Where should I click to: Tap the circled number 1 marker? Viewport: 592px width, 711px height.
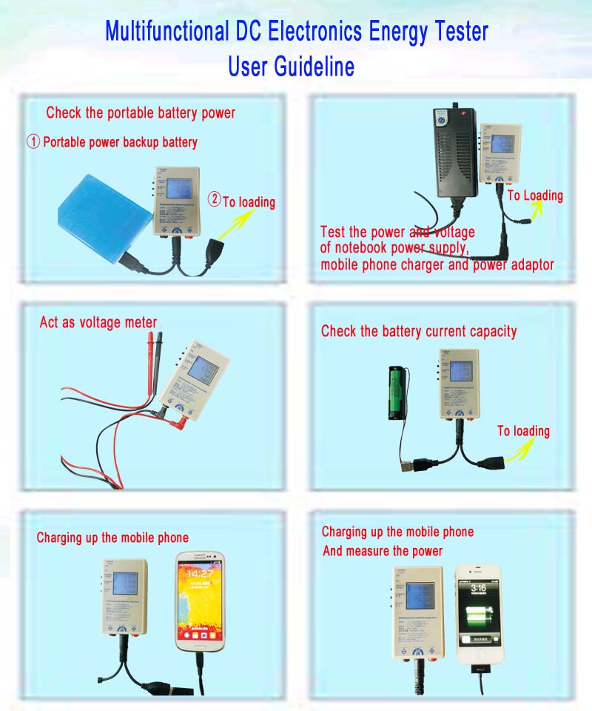click(33, 141)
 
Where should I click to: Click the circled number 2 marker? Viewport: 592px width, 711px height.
click(214, 200)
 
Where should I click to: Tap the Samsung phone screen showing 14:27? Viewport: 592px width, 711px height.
click(201, 599)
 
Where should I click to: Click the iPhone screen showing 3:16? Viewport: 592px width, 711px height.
click(478, 614)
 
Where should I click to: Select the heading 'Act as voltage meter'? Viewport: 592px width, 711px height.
click(98, 322)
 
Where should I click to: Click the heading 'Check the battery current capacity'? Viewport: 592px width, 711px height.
click(419, 331)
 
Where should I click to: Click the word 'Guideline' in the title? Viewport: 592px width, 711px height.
click(314, 67)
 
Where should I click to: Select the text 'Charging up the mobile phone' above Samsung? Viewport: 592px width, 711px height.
click(112, 538)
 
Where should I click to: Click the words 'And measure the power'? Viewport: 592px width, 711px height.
click(382, 551)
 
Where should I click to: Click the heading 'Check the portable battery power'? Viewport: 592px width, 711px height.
click(141, 113)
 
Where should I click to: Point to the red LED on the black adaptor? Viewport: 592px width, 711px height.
click(463, 113)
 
